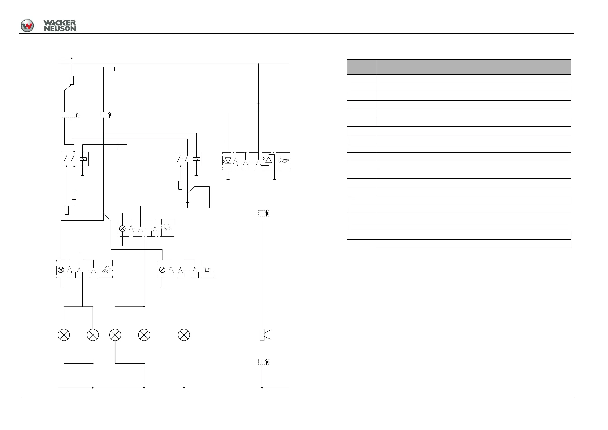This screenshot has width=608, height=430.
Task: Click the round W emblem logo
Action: tap(27, 26)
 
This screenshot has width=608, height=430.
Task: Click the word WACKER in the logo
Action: tap(59, 23)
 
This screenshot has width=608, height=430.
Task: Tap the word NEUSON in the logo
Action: tap(60, 29)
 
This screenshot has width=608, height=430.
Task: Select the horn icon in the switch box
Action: tap(284, 160)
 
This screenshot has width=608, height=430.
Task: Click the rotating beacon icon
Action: tap(207, 269)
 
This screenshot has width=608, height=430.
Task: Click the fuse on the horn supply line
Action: tap(259, 108)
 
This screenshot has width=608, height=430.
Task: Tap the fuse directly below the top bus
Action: tap(72, 80)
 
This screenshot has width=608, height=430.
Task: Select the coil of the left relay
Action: tap(83, 159)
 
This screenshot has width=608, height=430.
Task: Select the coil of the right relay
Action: tap(197, 159)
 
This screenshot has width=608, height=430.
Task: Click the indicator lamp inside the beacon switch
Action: tap(162, 270)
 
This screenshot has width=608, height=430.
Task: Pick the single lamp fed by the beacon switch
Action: tap(184, 335)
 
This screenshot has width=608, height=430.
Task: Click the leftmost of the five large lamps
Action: tap(64, 335)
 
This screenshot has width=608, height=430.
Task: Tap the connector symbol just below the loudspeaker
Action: tap(264, 362)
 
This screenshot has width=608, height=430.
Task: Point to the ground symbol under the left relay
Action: tap(83, 175)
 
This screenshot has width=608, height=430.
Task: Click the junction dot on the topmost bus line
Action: tap(72, 58)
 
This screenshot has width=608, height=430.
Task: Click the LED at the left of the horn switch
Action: tap(228, 160)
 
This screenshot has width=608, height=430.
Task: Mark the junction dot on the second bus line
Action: tap(259, 64)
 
